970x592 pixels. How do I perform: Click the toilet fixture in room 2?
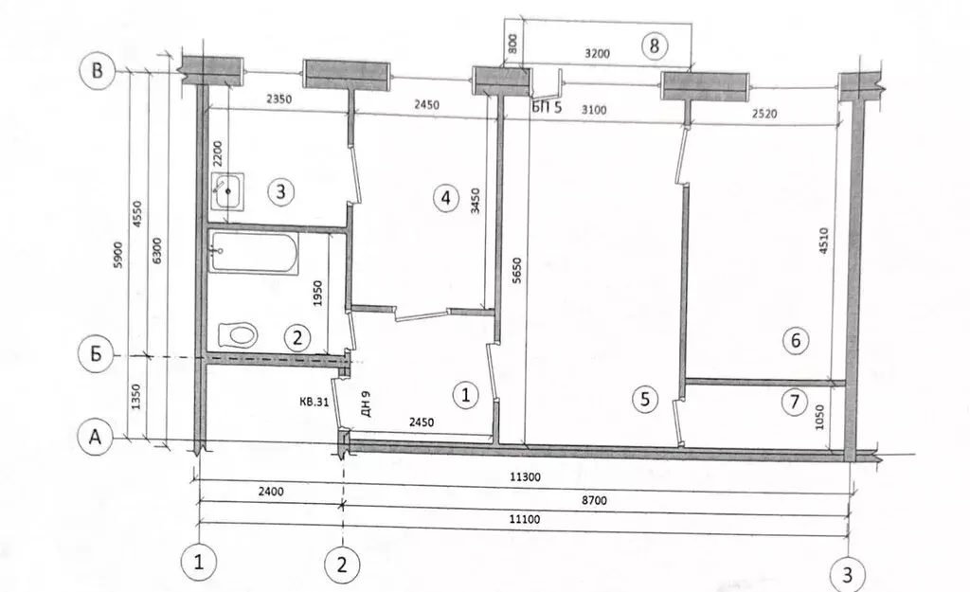pos(238,334)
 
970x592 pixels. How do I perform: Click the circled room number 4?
pos(443,198)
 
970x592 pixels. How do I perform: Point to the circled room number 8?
pos(653,45)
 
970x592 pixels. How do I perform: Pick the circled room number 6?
pos(796,341)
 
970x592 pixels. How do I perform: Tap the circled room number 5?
pos(644,400)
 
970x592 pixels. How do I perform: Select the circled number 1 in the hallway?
pos(465,394)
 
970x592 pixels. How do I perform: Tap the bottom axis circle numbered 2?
pos(341,565)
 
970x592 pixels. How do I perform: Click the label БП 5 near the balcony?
pos(547,108)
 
